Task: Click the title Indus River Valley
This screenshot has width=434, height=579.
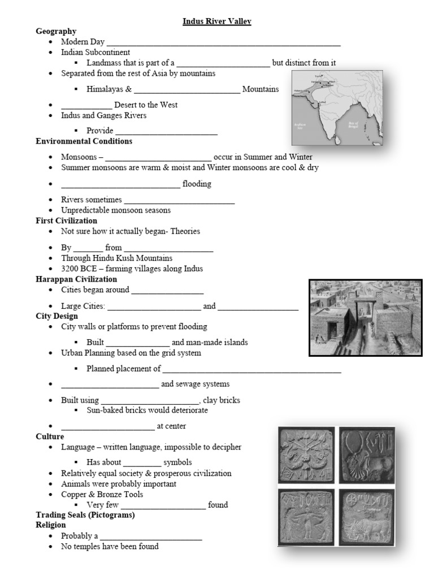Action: (216, 21)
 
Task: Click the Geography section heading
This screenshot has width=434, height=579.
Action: (56, 31)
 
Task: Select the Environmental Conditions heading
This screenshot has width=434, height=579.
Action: (84, 141)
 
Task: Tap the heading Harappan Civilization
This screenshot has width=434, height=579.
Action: (76, 279)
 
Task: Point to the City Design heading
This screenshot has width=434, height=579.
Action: (57, 316)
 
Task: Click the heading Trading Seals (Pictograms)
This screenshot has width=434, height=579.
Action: (85, 515)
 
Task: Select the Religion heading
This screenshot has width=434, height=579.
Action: (51, 525)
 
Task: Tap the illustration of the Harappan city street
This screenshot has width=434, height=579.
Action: (365, 317)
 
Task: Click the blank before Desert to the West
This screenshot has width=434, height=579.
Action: (86, 105)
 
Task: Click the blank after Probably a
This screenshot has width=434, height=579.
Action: (151, 536)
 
